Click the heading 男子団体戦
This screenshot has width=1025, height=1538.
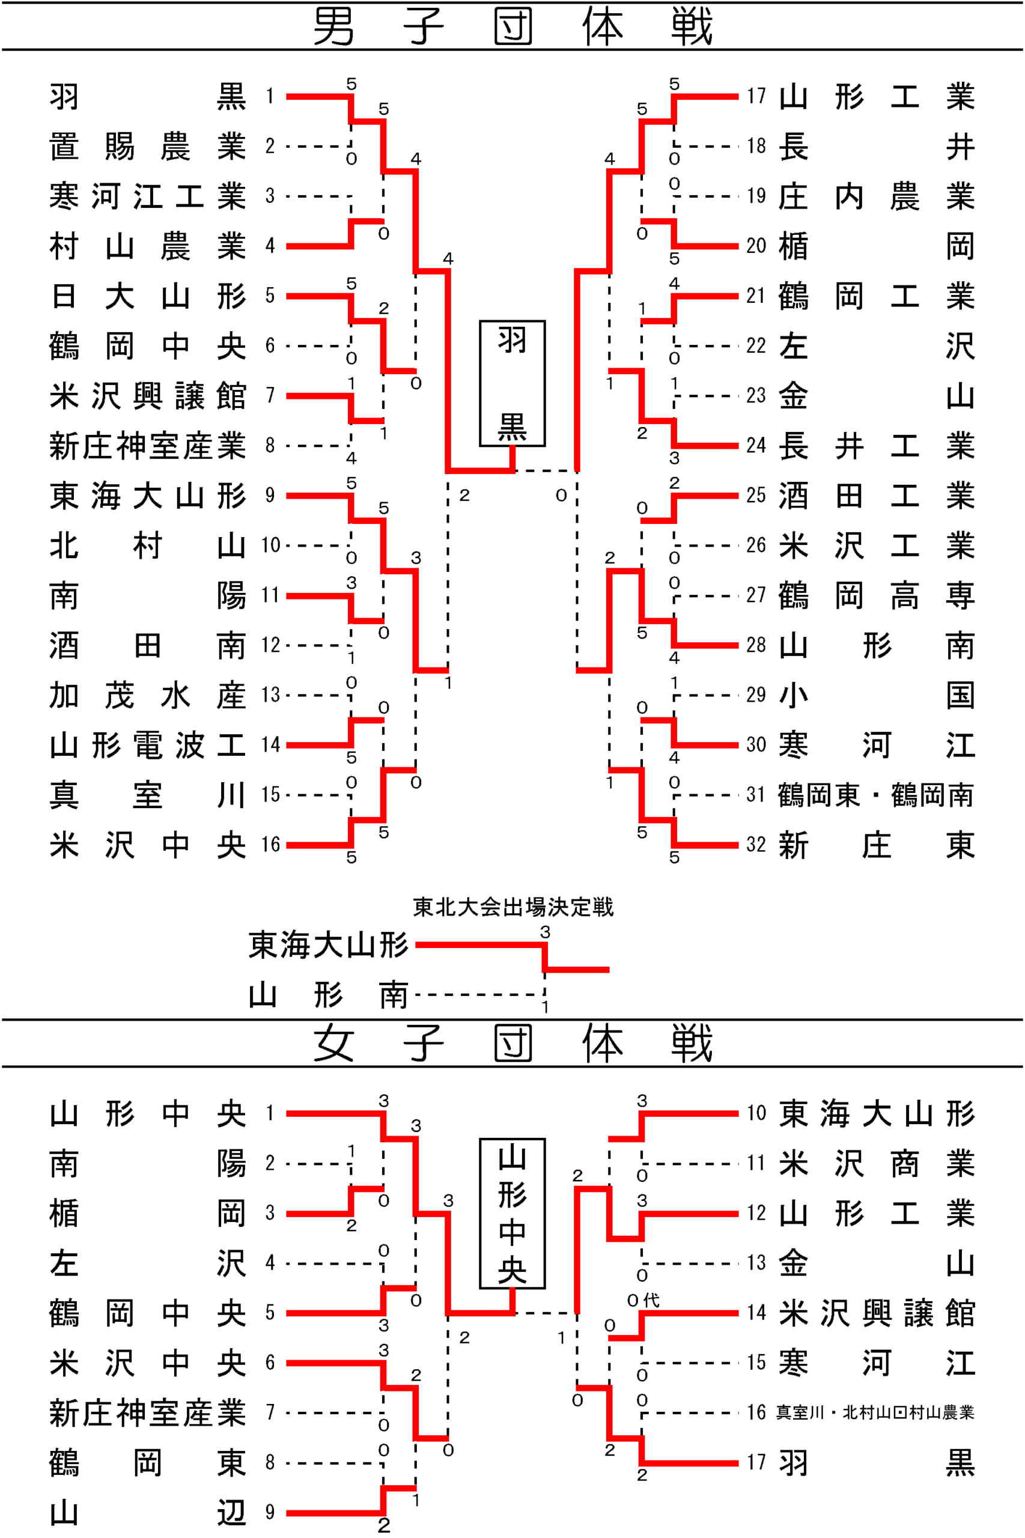[x=512, y=27]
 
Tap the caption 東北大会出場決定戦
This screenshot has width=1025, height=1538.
[x=513, y=907]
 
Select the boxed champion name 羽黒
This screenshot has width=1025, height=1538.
[x=512, y=384]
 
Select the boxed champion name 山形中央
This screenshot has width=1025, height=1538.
[x=512, y=1214]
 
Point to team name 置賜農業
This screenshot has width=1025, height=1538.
[x=148, y=147]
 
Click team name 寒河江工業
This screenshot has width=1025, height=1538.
[x=148, y=196]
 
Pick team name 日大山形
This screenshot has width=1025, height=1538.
[x=148, y=296]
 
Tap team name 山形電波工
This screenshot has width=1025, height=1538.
[x=148, y=745]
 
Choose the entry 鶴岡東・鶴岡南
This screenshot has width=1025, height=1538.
[x=876, y=795]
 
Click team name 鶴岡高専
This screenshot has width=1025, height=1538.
[x=877, y=595]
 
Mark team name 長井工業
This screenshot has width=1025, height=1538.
[x=877, y=446]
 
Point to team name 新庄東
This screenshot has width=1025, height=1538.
[x=877, y=845]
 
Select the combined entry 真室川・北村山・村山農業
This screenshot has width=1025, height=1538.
[x=875, y=1412]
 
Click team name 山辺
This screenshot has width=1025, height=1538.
[x=148, y=1513]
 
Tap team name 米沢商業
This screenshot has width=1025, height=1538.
[x=877, y=1164]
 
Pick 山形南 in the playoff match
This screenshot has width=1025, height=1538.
[x=329, y=995]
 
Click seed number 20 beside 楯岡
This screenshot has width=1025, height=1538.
[x=756, y=246]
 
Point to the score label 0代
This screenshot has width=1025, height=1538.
[x=643, y=1300]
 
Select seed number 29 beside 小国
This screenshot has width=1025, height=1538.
[x=756, y=695]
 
